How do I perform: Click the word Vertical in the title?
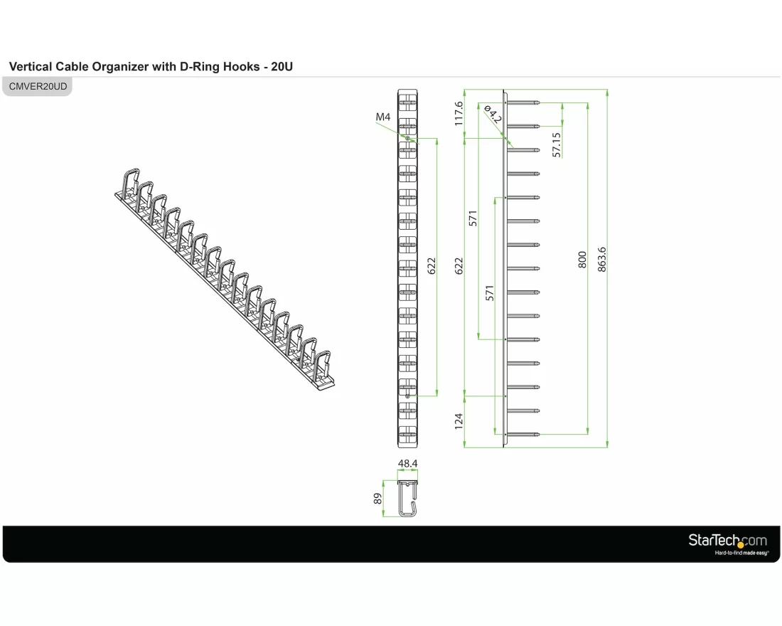(x=31, y=66)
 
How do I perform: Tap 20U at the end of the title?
(x=282, y=66)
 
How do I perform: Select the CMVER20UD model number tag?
(x=38, y=86)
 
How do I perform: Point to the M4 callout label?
(x=383, y=117)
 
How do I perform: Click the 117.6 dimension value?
(x=459, y=113)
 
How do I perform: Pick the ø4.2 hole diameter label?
(x=493, y=115)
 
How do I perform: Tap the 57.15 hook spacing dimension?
(x=557, y=145)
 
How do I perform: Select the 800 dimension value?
(x=582, y=260)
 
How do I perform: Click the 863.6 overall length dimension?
(x=602, y=260)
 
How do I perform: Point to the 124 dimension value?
(x=459, y=421)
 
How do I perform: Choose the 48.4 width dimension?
(x=407, y=463)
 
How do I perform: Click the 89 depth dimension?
(x=377, y=499)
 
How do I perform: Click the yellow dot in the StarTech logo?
(x=741, y=545)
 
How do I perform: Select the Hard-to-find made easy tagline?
(x=741, y=553)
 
